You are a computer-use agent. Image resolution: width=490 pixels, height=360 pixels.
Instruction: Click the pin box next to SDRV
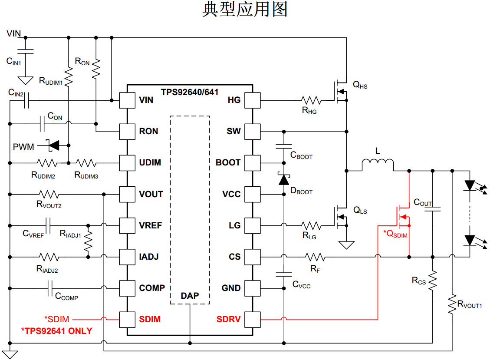click(252, 320)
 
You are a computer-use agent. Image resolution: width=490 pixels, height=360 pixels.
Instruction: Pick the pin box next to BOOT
click(252, 163)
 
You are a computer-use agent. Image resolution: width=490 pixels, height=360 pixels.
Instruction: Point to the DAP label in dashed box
click(190, 296)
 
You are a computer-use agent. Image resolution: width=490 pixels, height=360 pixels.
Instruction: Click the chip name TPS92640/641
click(190, 92)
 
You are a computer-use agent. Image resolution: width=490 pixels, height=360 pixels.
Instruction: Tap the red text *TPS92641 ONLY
click(57, 331)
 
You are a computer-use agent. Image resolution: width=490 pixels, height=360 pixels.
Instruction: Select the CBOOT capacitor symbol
click(284, 147)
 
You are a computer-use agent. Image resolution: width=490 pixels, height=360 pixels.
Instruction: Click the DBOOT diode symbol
click(284, 179)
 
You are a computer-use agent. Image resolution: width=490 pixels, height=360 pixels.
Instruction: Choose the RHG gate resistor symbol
click(311, 100)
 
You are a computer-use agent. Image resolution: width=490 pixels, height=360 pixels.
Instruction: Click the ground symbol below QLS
click(346, 245)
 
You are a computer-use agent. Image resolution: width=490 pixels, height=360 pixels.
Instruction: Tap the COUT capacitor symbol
click(433, 209)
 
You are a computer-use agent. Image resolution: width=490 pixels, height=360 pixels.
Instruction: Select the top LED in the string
click(470, 185)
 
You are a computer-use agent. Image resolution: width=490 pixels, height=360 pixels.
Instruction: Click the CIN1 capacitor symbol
click(26, 52)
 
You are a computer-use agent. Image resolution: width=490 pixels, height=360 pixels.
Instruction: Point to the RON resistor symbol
click(96, 68)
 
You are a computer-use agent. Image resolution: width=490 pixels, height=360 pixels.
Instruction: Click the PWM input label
click(23, 147)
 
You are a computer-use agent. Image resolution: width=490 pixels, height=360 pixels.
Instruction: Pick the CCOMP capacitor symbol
click(50, 288)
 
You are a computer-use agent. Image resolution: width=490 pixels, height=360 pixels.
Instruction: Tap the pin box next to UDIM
click(127, 163)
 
